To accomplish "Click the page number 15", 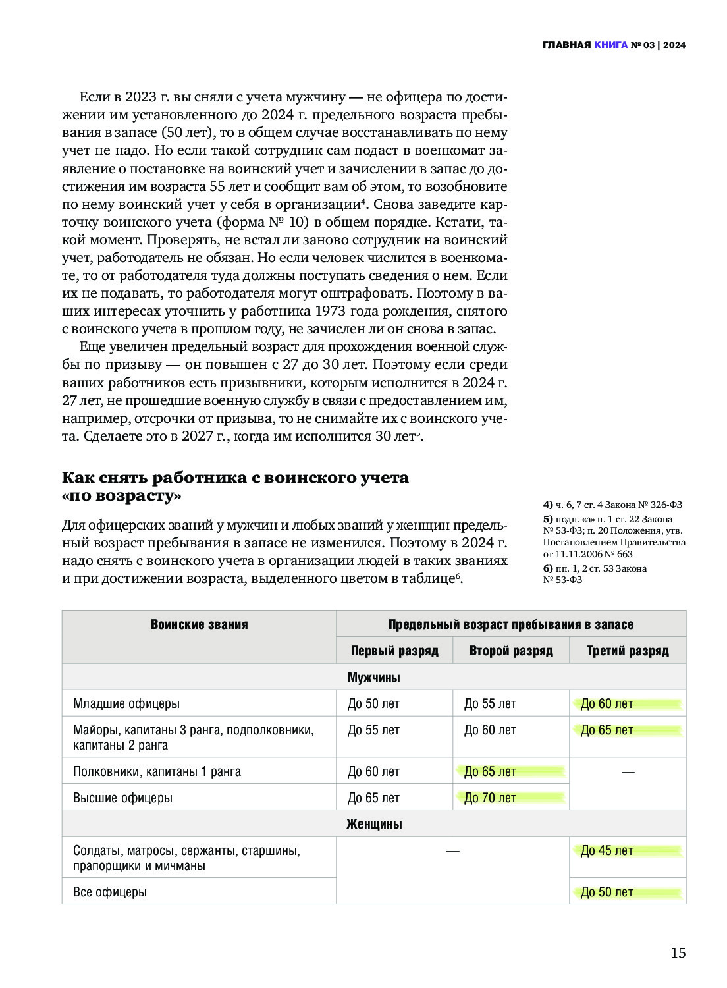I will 678,952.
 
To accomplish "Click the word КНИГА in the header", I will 610,45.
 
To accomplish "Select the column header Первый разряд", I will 394,651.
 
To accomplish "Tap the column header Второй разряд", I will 511,651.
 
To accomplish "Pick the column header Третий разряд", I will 628,651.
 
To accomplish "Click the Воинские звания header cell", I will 199,624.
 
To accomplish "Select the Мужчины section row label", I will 373,677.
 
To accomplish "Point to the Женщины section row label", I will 373,824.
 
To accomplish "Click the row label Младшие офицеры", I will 126,703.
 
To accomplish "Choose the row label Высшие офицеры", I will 122,798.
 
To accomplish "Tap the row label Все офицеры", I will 110,892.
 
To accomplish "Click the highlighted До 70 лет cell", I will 491,798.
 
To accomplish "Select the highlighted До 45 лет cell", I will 606,850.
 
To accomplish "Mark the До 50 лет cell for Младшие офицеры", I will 373,703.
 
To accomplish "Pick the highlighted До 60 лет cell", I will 606,703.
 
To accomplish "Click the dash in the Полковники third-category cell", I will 628,771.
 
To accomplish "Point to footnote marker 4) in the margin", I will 548,505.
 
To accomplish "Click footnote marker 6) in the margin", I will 548,568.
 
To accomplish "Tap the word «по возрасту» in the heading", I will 121,496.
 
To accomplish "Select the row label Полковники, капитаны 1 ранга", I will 157,771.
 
